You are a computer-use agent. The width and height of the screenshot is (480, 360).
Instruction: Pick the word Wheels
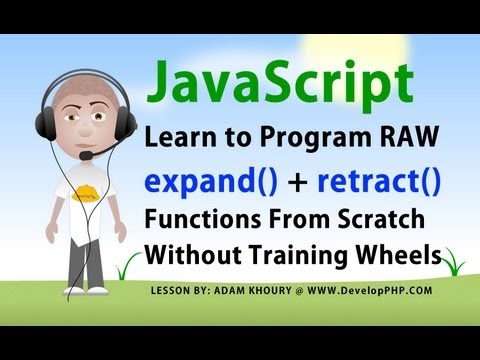[x=401, y=254]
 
